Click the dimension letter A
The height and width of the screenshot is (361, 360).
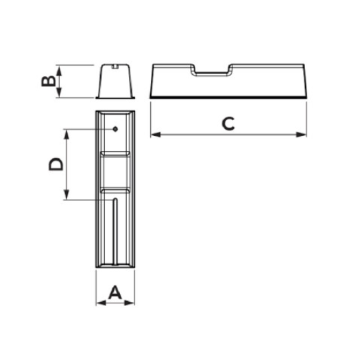[115, 292]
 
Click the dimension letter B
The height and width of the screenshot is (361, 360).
[49, 81]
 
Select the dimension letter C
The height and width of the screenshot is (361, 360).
[228, 124]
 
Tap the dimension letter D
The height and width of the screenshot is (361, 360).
[56, 164]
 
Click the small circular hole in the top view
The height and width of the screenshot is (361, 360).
[115, 129]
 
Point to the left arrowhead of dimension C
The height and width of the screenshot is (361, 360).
[156, 135]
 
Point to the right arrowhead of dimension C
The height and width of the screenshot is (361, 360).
[301, 135]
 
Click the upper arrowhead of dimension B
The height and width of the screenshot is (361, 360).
[59, 71]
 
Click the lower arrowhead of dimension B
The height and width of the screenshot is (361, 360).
[59, 92]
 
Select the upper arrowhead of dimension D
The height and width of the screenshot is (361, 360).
[67, 135]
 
